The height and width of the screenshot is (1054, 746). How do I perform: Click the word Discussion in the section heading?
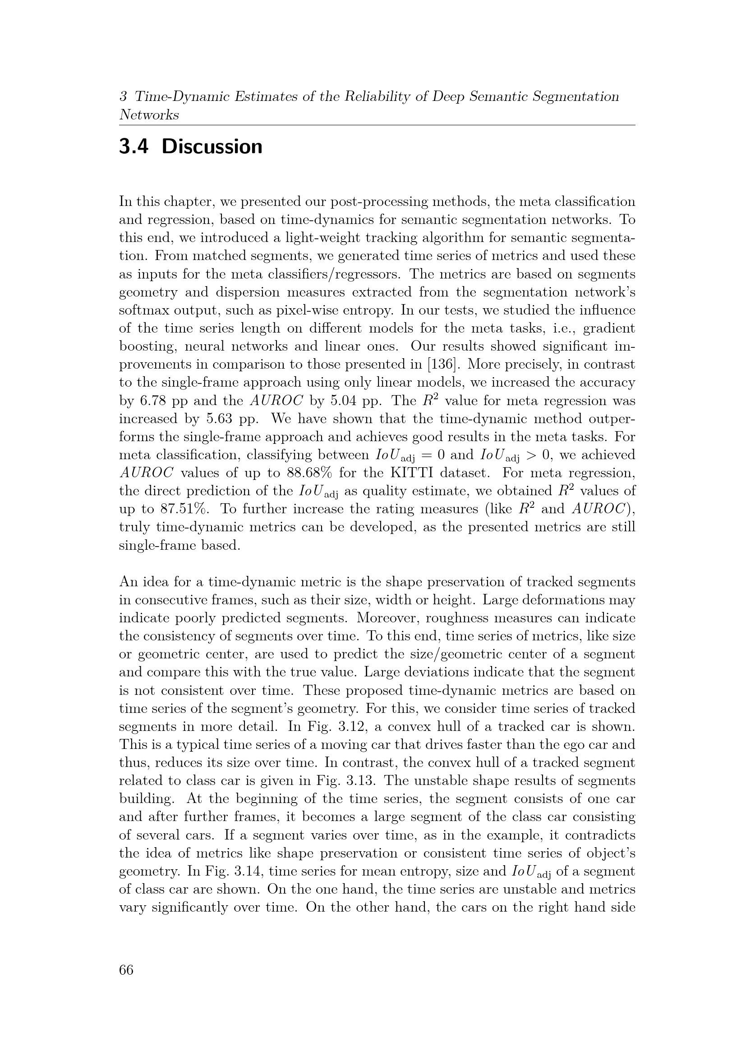click(x=212, y=147)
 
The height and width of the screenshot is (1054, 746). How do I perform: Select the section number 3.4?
click(x=133, y=147)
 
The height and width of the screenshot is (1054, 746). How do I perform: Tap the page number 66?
click(x=126, y=970)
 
